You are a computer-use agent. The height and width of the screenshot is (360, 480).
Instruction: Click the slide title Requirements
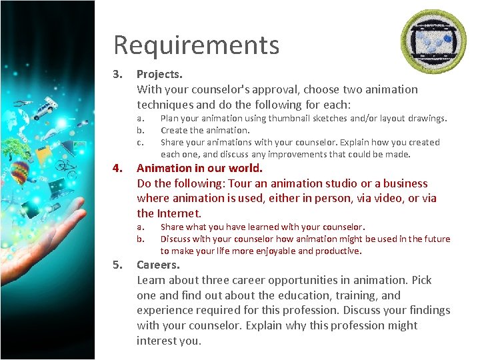[196, 45]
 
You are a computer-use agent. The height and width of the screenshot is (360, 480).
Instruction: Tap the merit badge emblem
[433, 42]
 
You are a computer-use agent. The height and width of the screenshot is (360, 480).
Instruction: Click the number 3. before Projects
[118, 73]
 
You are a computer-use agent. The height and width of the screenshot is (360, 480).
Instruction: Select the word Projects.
[159, 73]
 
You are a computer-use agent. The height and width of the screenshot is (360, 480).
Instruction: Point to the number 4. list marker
[118, 168]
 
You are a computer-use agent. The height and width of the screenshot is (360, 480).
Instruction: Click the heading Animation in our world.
[199, 168]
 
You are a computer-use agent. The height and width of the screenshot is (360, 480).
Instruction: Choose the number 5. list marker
[118, 265]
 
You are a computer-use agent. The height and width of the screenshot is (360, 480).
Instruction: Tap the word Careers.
[157, 265]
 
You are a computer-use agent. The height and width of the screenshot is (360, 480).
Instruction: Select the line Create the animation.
[205, 130]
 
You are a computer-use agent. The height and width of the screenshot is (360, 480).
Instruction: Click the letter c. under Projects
[141, 142]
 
